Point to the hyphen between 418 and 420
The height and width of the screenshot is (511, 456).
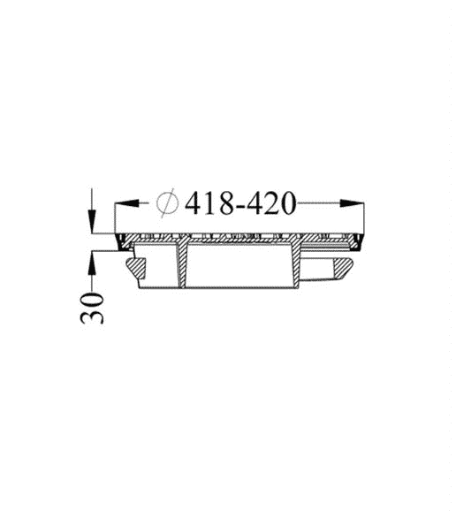coord(237,204)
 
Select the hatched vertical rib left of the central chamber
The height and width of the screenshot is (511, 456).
coord(183,265)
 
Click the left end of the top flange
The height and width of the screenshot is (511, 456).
coord(118,240)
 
